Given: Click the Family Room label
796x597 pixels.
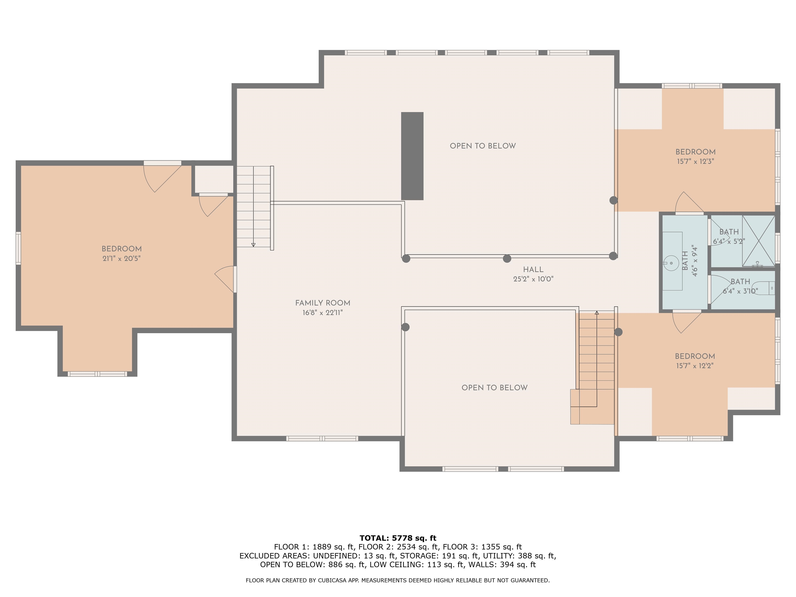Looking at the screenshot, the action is click(x=322, y=303).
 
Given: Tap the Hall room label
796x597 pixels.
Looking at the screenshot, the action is click(x=533, y=269).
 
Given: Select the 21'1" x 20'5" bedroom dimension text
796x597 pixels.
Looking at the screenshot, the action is click(x=121, y=258).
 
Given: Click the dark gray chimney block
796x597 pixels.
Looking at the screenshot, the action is click(x=412, y=156).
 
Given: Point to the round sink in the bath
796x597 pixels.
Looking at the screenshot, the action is click(x=671, y=263).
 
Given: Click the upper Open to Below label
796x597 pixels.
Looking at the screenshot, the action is click(x=482, y=146).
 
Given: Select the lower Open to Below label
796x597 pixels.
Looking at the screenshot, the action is click(x=494, y=388).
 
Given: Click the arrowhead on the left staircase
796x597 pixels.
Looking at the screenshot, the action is click(x=253, y=245).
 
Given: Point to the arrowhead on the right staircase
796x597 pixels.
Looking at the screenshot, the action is click(x=597, y=313).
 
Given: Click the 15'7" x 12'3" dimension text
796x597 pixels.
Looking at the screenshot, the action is click(x=695, y=161).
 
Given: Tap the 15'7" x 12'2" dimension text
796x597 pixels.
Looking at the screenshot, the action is click(x=694, y=366).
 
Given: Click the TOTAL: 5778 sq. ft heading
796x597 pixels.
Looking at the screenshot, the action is click(x=398, y=538).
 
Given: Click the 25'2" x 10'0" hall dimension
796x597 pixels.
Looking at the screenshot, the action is click(x=533, y=279).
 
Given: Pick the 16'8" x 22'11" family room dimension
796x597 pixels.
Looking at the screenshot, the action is click(x=322, y=313).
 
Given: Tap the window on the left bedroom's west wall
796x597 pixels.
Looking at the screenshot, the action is click(x=18, y=248).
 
